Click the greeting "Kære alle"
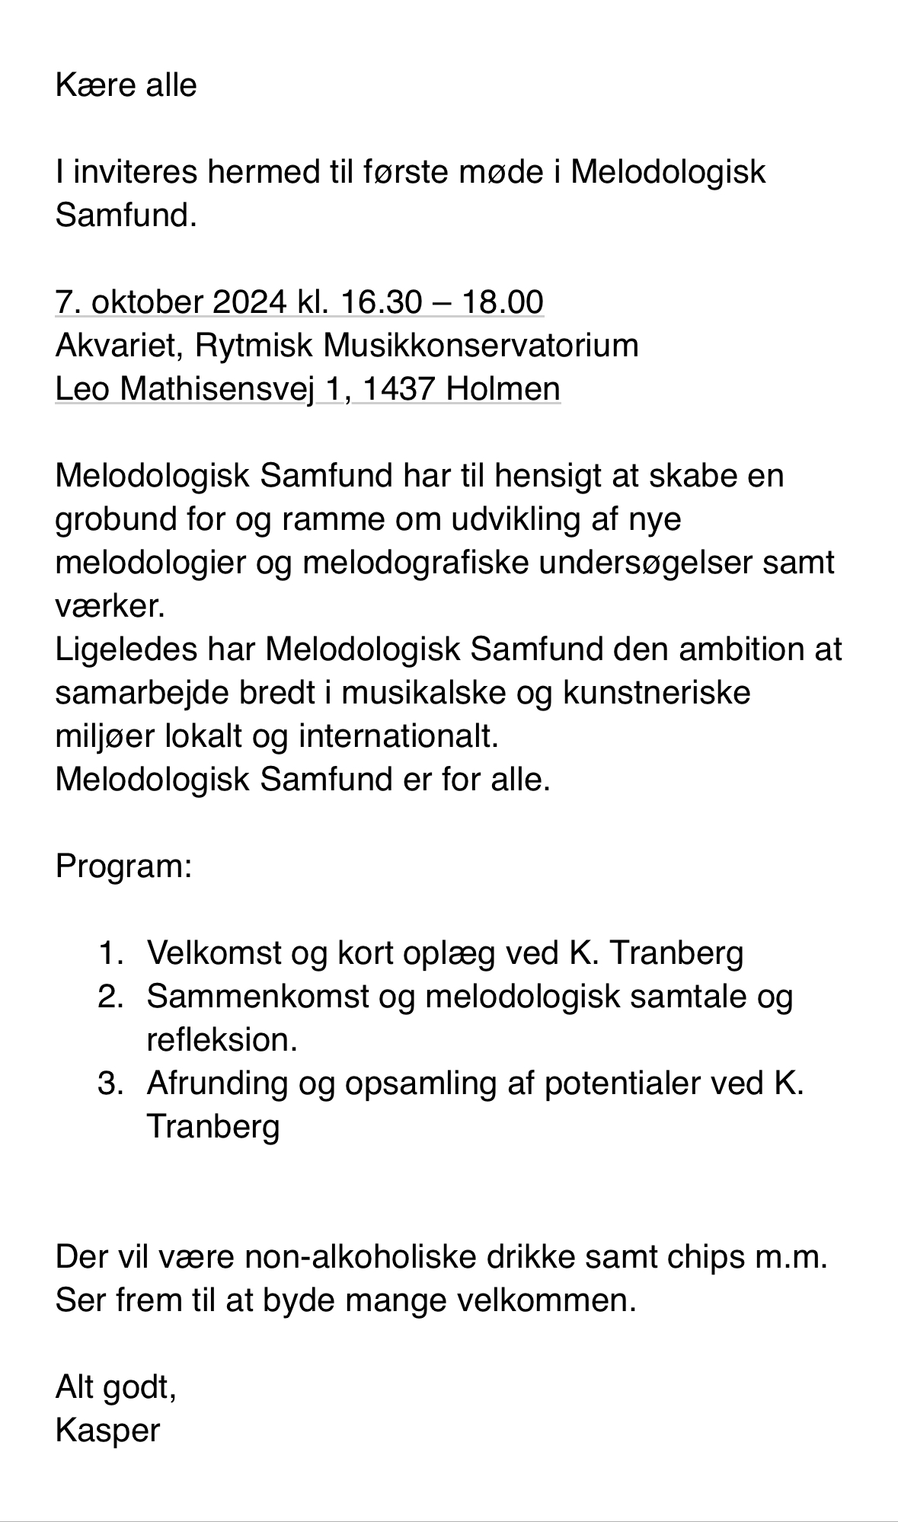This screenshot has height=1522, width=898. coord(126,85)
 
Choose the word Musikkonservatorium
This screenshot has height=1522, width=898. coord(481,346)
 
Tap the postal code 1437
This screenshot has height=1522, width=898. coord(399,389)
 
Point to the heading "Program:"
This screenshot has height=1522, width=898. coord(123,866)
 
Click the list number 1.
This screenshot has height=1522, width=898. coord(110,952)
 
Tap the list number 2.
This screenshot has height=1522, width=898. coord(110,996)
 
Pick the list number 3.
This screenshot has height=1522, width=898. coord(110,1083)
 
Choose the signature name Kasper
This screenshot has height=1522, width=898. coord(107,1430)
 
